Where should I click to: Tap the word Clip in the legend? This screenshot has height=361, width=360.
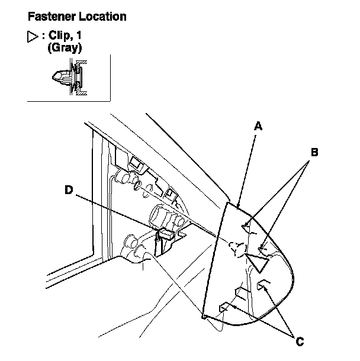click(58, 36)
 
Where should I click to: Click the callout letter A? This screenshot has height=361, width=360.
click(258, 125)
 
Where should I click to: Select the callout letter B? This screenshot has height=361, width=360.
click(315, 152)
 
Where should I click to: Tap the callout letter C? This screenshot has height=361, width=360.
click(299, 341)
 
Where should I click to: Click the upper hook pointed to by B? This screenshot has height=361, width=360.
click(247, 225)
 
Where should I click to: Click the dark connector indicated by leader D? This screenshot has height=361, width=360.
click(163, 236)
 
